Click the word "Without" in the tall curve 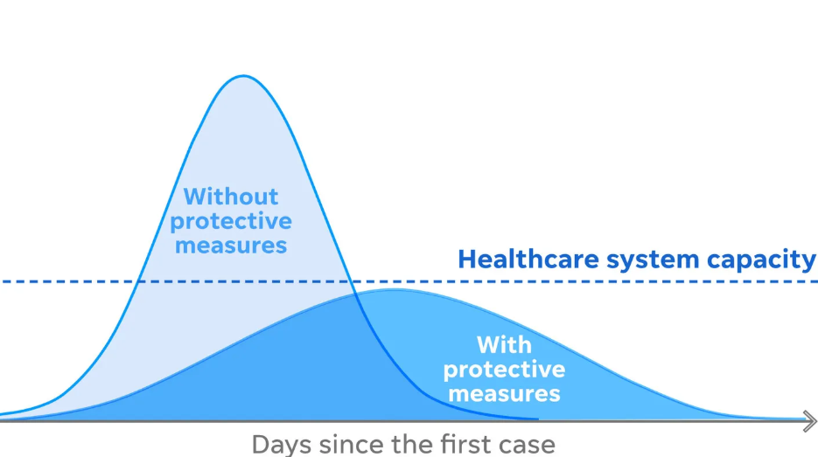tap(231, 196)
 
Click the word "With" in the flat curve tap(504, 344)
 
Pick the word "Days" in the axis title tap(281, 444)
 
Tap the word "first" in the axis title tap(462, 444)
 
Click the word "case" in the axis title tap(527, 445)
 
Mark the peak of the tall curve tap(243, 76)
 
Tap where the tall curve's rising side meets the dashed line tap(140, 281)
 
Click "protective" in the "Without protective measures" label tap(231, 220)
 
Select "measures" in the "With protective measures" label tap(504, 393)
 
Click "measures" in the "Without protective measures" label tap(231, 244)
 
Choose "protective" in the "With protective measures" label tap(504, 369)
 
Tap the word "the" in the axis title tap(413, 444)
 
